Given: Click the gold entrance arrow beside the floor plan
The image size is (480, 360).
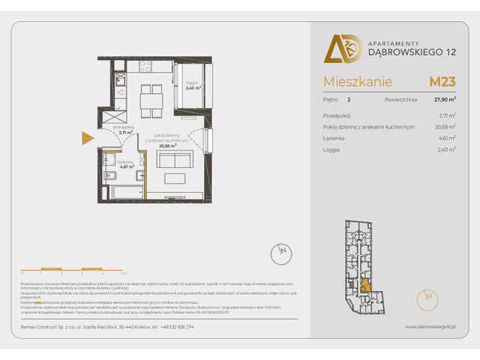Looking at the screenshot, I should pos(87,136).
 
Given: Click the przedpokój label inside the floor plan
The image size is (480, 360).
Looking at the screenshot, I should pos(123,130).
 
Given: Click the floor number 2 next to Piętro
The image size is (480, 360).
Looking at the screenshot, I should pos(349,99).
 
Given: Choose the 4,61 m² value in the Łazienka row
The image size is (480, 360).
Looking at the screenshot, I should pos(447,138).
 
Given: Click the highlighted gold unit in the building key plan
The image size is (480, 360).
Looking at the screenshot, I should pos(365,285).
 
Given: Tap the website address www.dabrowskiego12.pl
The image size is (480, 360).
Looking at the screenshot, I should pos(430,327).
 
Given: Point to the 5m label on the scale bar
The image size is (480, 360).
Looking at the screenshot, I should pos(124,274).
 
